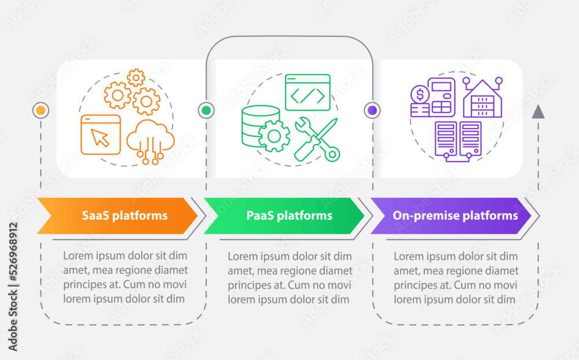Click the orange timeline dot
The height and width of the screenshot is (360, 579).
coord(41,110)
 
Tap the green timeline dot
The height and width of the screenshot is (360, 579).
coord(206,110)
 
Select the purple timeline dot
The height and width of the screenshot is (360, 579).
coord(372,110)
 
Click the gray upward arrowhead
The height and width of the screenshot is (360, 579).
coord(538,112)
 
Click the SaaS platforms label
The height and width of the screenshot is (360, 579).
coord(124,216)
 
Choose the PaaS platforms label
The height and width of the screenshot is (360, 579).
coord(289,216)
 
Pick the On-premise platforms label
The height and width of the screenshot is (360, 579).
coord(455,216)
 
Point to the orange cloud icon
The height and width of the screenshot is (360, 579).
coord(150,141)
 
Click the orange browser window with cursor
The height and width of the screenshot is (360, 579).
coord(101,135)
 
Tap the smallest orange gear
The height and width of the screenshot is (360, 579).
coord(136,77)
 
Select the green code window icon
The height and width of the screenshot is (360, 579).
coord(307,93)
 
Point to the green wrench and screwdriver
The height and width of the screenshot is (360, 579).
coord(316,139)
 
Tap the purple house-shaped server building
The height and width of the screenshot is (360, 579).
coord(482,99)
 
